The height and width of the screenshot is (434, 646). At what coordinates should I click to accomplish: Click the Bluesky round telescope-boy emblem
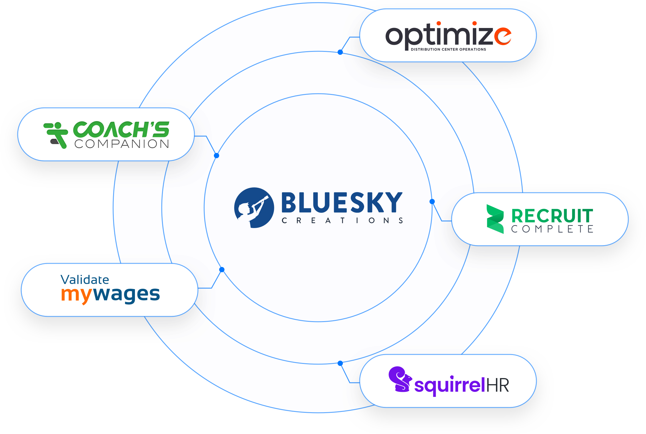pyautogui.click(x=254, y=208)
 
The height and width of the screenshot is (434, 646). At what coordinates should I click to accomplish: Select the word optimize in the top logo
pyautogui.click(x=448, y=36)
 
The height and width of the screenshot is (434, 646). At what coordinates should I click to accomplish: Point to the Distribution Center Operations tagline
pyautogui.click(x=448, y=49)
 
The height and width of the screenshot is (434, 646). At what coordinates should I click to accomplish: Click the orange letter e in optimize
pyautogui.click(x=503, y=37)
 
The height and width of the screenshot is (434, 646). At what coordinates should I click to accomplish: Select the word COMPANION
pyautogui.click(x=122, y=144)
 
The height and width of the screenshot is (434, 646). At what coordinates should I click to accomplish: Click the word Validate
pyautogui.click(x=85, y=280)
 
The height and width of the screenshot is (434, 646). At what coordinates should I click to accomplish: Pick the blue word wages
pyautogui.click(x=126, y=294)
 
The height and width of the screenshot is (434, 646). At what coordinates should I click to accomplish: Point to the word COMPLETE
pyautogui.click(x=552, y=229)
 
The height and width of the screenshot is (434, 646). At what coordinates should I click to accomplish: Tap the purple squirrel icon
pyautogui.click(x=399, y=379)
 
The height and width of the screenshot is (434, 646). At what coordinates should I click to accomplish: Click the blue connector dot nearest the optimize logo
pyautogui.click(x=340, y=52)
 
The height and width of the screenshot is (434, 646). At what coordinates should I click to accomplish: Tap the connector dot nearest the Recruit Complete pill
pyautogui.click(x=432, y=202)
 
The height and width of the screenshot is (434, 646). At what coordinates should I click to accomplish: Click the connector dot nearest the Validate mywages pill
pyautogui.click(x=222, y=270)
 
